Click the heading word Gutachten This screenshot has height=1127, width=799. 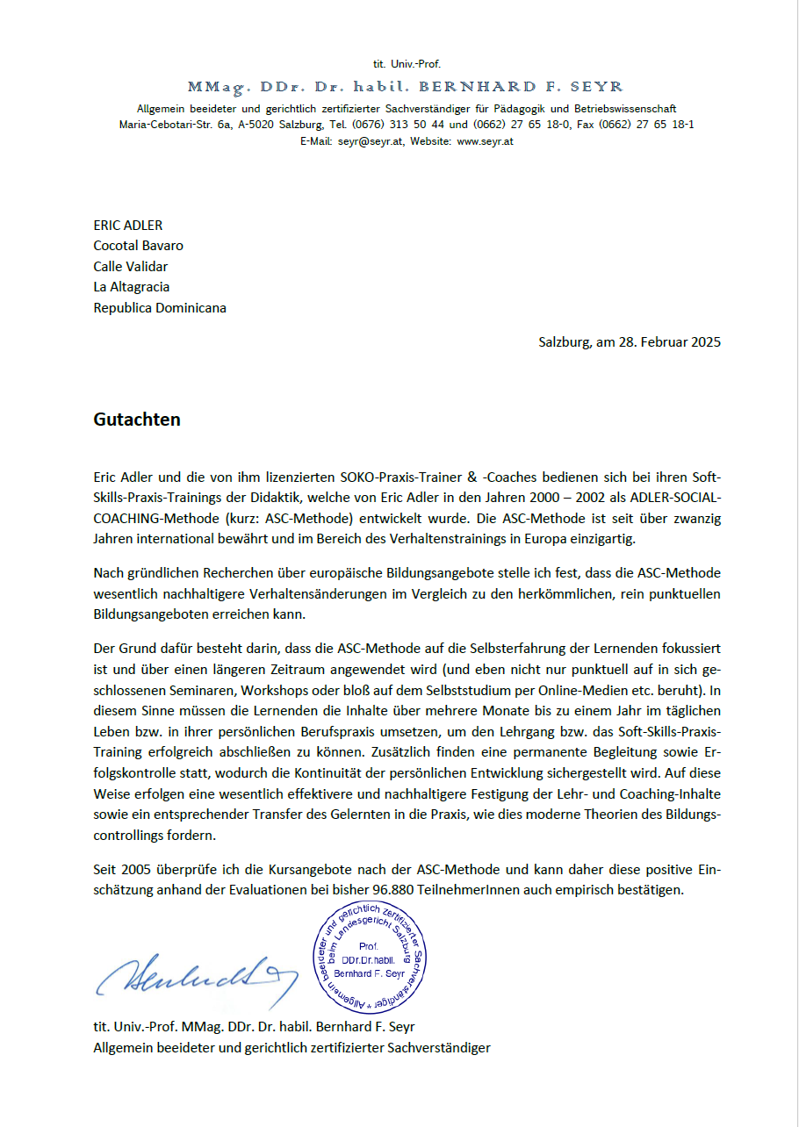(137, 420)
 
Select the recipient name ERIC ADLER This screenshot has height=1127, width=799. (128, 226)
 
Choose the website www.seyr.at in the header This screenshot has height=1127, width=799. (485, 141)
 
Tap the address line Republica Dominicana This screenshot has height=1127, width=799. (160, 308)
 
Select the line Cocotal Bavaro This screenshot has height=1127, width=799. (139, 246)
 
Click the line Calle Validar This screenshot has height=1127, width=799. (131, 267)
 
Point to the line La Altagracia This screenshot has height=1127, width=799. (132, 287)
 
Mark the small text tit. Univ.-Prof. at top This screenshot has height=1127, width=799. (407, 64)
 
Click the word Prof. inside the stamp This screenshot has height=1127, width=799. (369, 946)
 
